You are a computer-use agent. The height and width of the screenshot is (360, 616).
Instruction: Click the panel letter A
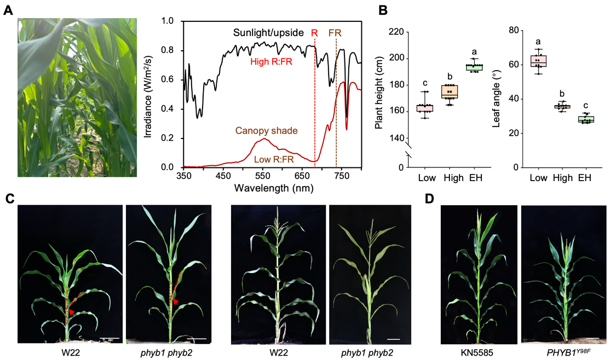coord(8,10)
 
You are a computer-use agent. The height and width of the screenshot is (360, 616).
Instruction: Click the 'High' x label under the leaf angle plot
coord(563,178)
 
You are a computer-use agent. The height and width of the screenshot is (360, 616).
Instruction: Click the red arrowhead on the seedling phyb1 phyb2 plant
coord(175,301)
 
